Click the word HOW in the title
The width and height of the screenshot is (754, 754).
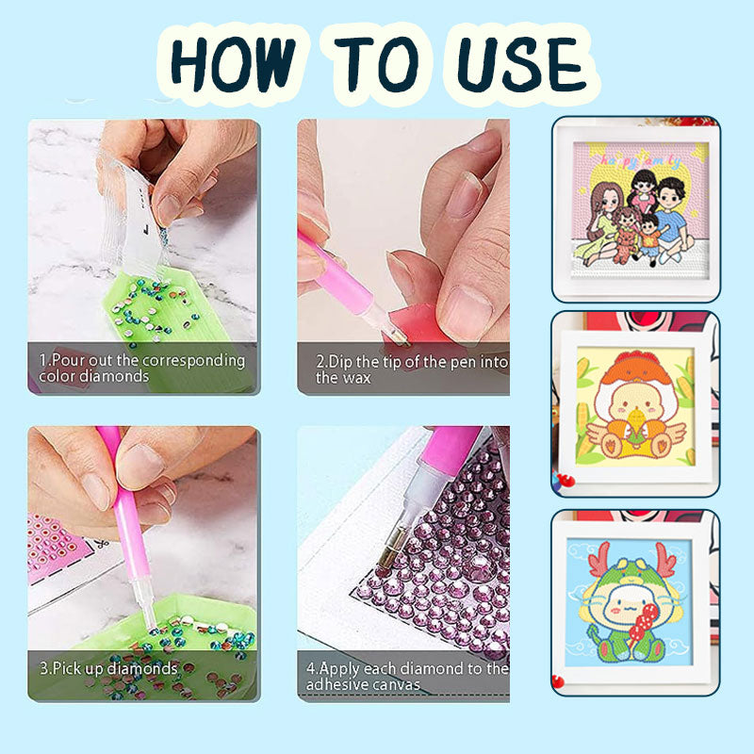[233, 65]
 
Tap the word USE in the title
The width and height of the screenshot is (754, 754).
[523, 65]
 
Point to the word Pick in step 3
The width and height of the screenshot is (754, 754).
[66, 668]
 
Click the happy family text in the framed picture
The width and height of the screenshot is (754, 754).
[641, 161]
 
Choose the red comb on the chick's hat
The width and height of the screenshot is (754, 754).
[638, 357]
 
